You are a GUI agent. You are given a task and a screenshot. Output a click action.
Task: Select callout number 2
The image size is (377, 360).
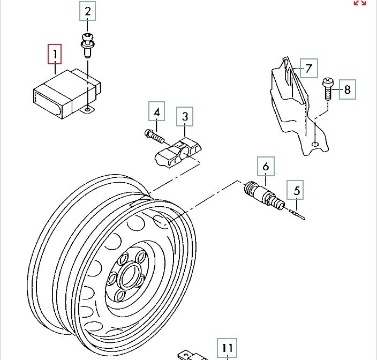(88, 10)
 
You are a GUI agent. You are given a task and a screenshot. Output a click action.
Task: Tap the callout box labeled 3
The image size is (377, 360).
(185, 116)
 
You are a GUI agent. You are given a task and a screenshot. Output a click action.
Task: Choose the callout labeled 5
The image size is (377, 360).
(297, 190)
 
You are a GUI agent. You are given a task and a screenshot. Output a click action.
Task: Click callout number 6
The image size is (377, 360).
(266, 167)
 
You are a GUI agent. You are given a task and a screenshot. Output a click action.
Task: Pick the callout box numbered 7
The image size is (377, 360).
(308, 68)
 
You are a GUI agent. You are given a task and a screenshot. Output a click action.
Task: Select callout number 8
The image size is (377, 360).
(347, 89)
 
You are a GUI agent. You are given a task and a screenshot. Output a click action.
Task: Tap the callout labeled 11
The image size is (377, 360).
(227, 349)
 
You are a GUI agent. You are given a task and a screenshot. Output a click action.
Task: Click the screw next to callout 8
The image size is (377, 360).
(328, 88)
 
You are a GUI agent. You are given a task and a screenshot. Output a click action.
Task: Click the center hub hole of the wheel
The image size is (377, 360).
(129, 276)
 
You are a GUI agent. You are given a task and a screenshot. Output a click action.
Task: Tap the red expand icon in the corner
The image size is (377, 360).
(360, 3)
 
